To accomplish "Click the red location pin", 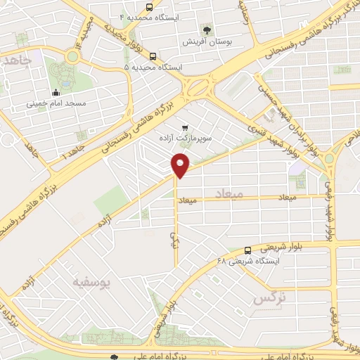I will (181, 166).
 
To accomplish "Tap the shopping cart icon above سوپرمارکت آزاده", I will (184, 128).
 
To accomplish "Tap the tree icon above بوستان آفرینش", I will (207, 30).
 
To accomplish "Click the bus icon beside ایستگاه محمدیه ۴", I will (153, 16).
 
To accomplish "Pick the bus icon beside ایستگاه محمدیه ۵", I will (153, 58).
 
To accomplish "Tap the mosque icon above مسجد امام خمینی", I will (56, 92).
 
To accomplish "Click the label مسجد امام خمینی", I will (56, 103).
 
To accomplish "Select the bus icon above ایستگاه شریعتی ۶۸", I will (247, 250).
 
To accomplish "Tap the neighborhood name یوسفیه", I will (91, 283).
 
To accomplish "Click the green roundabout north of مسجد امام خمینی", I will (72, 57).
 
